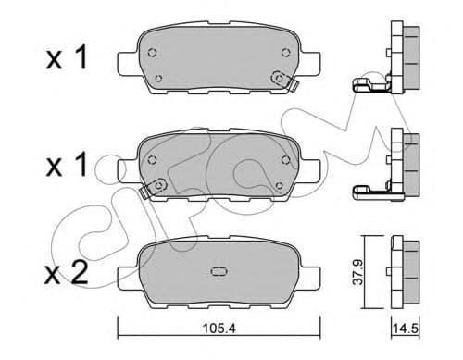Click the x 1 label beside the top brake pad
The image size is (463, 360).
pos(69,58)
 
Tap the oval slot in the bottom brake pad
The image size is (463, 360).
pos(219,272)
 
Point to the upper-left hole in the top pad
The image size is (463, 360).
pos(154,51)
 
